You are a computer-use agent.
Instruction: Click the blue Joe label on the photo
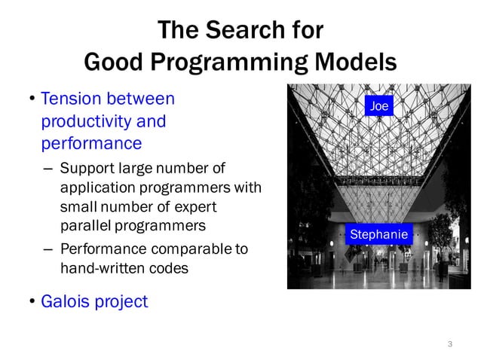379,106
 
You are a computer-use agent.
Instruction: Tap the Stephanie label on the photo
378,235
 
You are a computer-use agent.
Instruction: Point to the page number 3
450,344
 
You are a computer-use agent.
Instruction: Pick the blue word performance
91,142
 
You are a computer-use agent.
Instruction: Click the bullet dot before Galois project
32,303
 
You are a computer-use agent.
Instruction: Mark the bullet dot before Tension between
32,99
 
